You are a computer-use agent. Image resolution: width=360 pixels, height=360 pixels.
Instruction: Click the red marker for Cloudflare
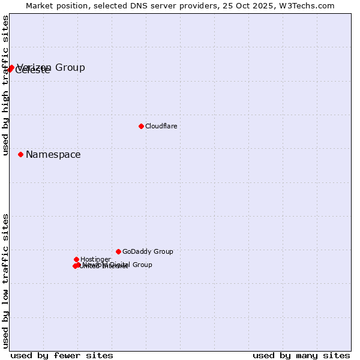coord(141,126)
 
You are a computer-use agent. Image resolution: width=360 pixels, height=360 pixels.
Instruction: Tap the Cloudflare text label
coord(161,126)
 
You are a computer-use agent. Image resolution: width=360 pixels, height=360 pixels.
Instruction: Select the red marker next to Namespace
coord(20,154)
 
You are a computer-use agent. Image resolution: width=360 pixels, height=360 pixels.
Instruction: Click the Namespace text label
coord(53,155)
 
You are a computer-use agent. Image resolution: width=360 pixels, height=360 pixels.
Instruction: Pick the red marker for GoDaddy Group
coord(118,251)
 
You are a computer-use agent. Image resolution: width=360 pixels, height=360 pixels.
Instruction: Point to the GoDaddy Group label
coord(148,252)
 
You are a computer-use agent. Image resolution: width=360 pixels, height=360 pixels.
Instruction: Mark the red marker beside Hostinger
coord(76,259)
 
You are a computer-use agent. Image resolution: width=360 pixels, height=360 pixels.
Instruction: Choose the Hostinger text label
coord(95,259)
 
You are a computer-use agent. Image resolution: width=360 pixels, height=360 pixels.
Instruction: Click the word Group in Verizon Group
coord(70,67)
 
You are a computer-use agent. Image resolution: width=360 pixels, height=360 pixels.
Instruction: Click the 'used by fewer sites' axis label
coord(62,355)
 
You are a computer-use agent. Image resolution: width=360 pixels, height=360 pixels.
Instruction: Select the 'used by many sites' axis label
coord(301,355)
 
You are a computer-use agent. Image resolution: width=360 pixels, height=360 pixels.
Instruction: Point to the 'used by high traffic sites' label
coord(5,85)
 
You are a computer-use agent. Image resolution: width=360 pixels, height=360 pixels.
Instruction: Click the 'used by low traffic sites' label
coord(5,281)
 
